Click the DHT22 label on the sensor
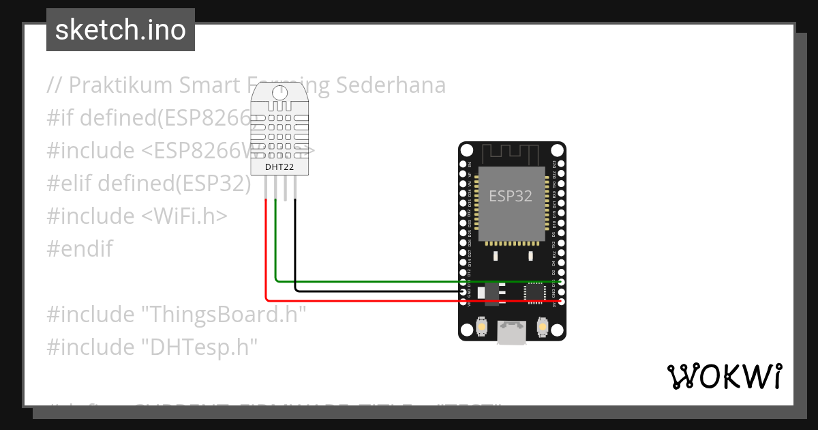tap(280, 167)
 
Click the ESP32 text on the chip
tap(511, 196)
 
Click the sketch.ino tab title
tap(121, 30)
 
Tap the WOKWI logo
tap(724, 376)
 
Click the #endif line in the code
tap(80, 248)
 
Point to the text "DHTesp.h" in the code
tap(199, 347)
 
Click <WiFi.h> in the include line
tap(184, 216)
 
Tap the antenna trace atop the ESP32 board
tap(511, 153)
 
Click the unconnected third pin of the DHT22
tap(286, 187)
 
